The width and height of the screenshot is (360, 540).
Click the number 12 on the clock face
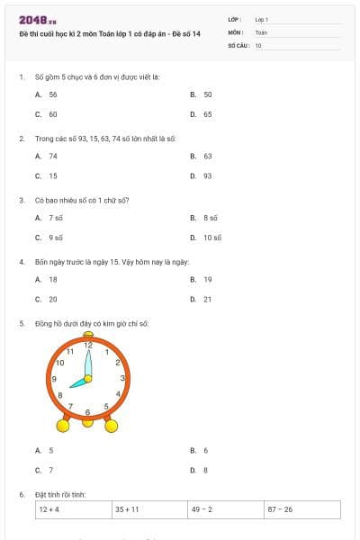tap(88, 346)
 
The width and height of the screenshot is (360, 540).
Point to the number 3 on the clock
tap(122, 378)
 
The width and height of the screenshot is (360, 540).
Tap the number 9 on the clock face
tap(54, 379)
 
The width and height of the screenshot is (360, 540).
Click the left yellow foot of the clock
tap(64, 425)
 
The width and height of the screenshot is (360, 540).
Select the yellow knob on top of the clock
tap(88, 334)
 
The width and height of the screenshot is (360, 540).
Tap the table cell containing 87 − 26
tap(302, 509)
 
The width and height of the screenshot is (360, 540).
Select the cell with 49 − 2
tap(226, 509)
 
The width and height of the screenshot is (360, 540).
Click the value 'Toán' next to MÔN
tap(261, 31)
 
